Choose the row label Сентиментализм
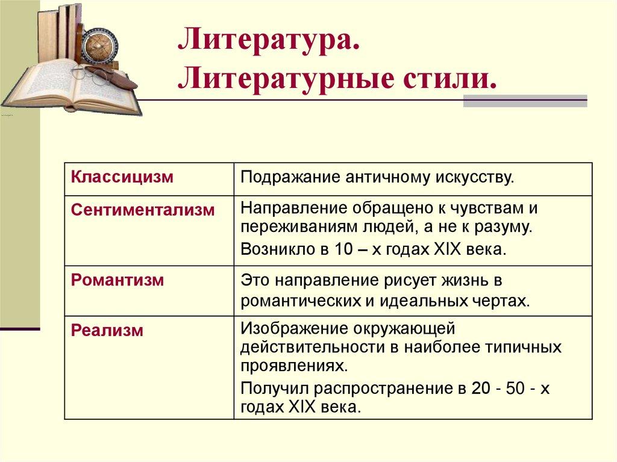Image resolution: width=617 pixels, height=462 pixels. point(143,210)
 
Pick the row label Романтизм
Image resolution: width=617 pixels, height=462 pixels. point(117,280)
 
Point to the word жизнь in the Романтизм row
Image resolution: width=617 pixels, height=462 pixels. point(471,281)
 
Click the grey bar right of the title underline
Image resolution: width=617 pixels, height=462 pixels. point(525,101)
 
